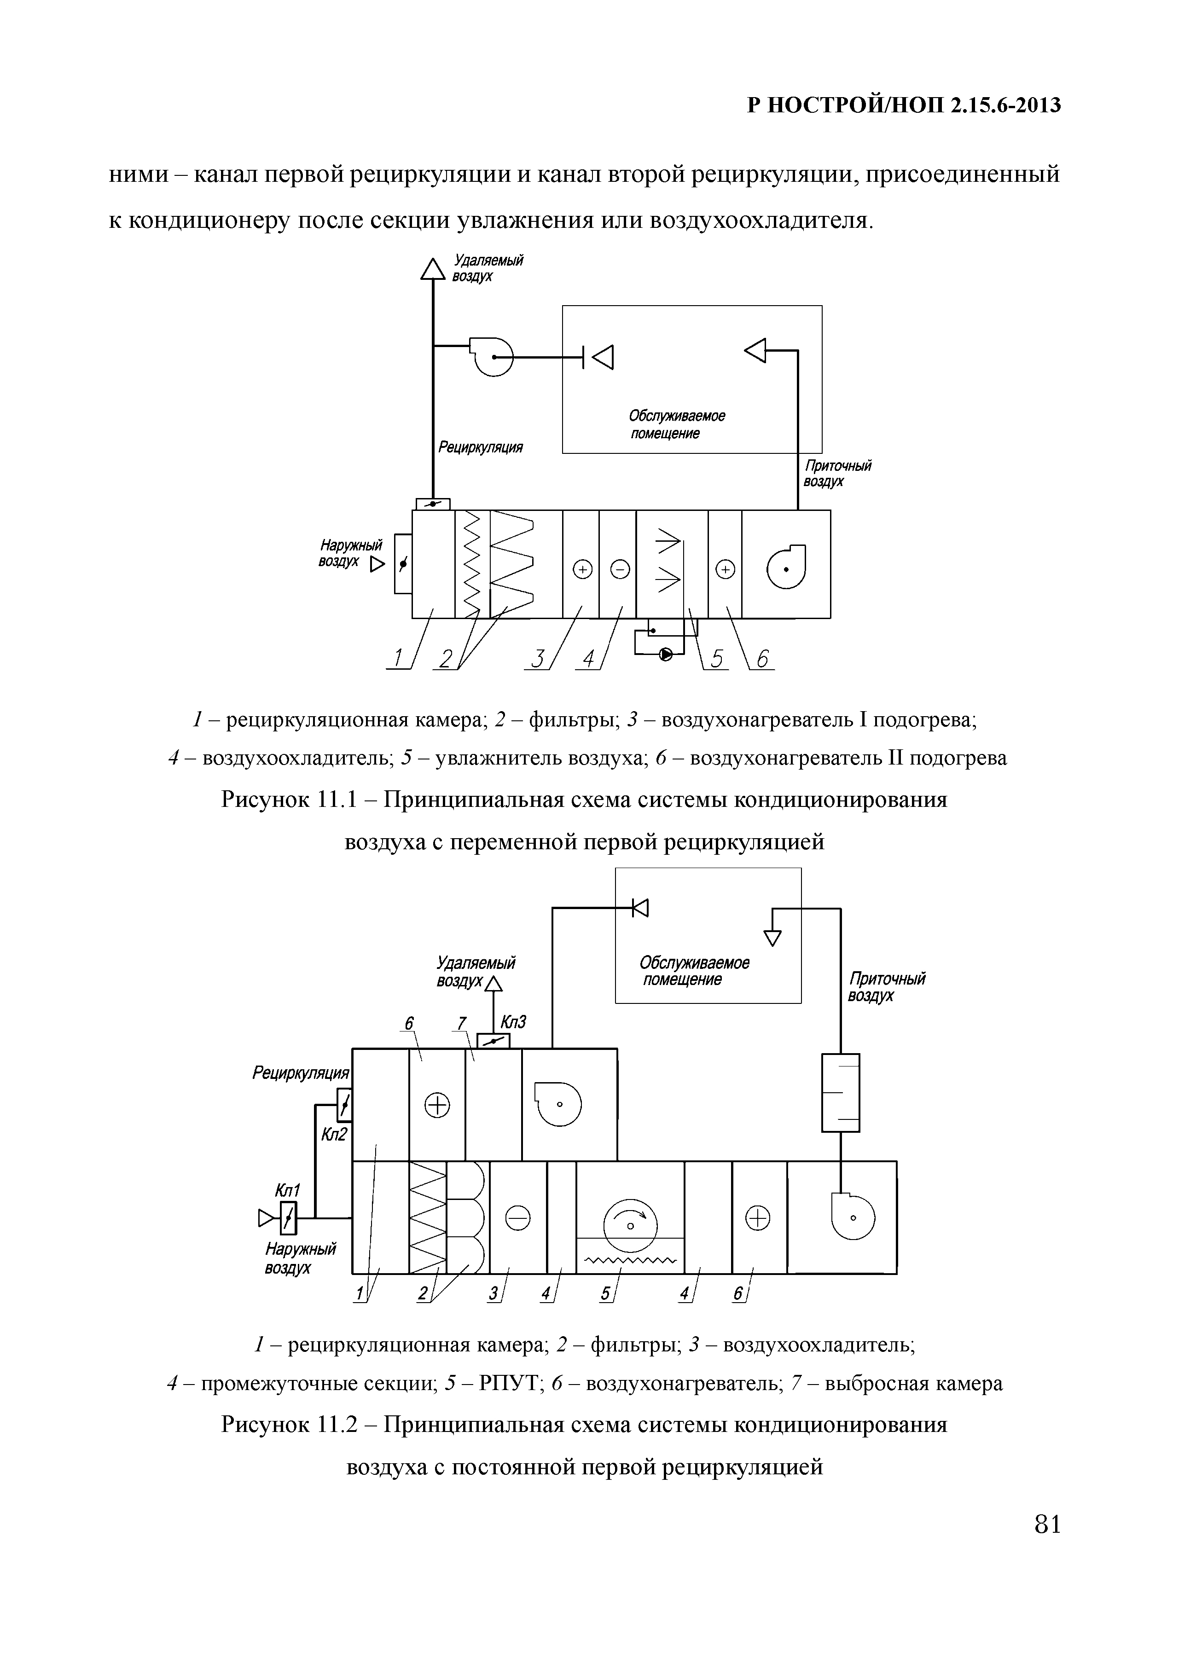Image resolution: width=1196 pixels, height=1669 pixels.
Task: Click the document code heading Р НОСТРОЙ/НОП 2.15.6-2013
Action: click(904, 106)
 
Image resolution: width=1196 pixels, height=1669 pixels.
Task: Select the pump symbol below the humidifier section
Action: click(665, 654)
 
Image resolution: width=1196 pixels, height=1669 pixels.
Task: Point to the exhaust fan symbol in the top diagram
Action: click(492, 356)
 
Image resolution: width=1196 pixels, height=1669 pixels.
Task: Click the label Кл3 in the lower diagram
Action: click(513, 1022)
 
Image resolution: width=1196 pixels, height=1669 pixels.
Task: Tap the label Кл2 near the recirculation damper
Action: click(333, 1135)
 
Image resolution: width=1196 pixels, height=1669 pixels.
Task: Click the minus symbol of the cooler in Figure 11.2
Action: click(517, 1219)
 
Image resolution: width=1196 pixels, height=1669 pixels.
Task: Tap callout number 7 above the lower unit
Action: click(461, 1023)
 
